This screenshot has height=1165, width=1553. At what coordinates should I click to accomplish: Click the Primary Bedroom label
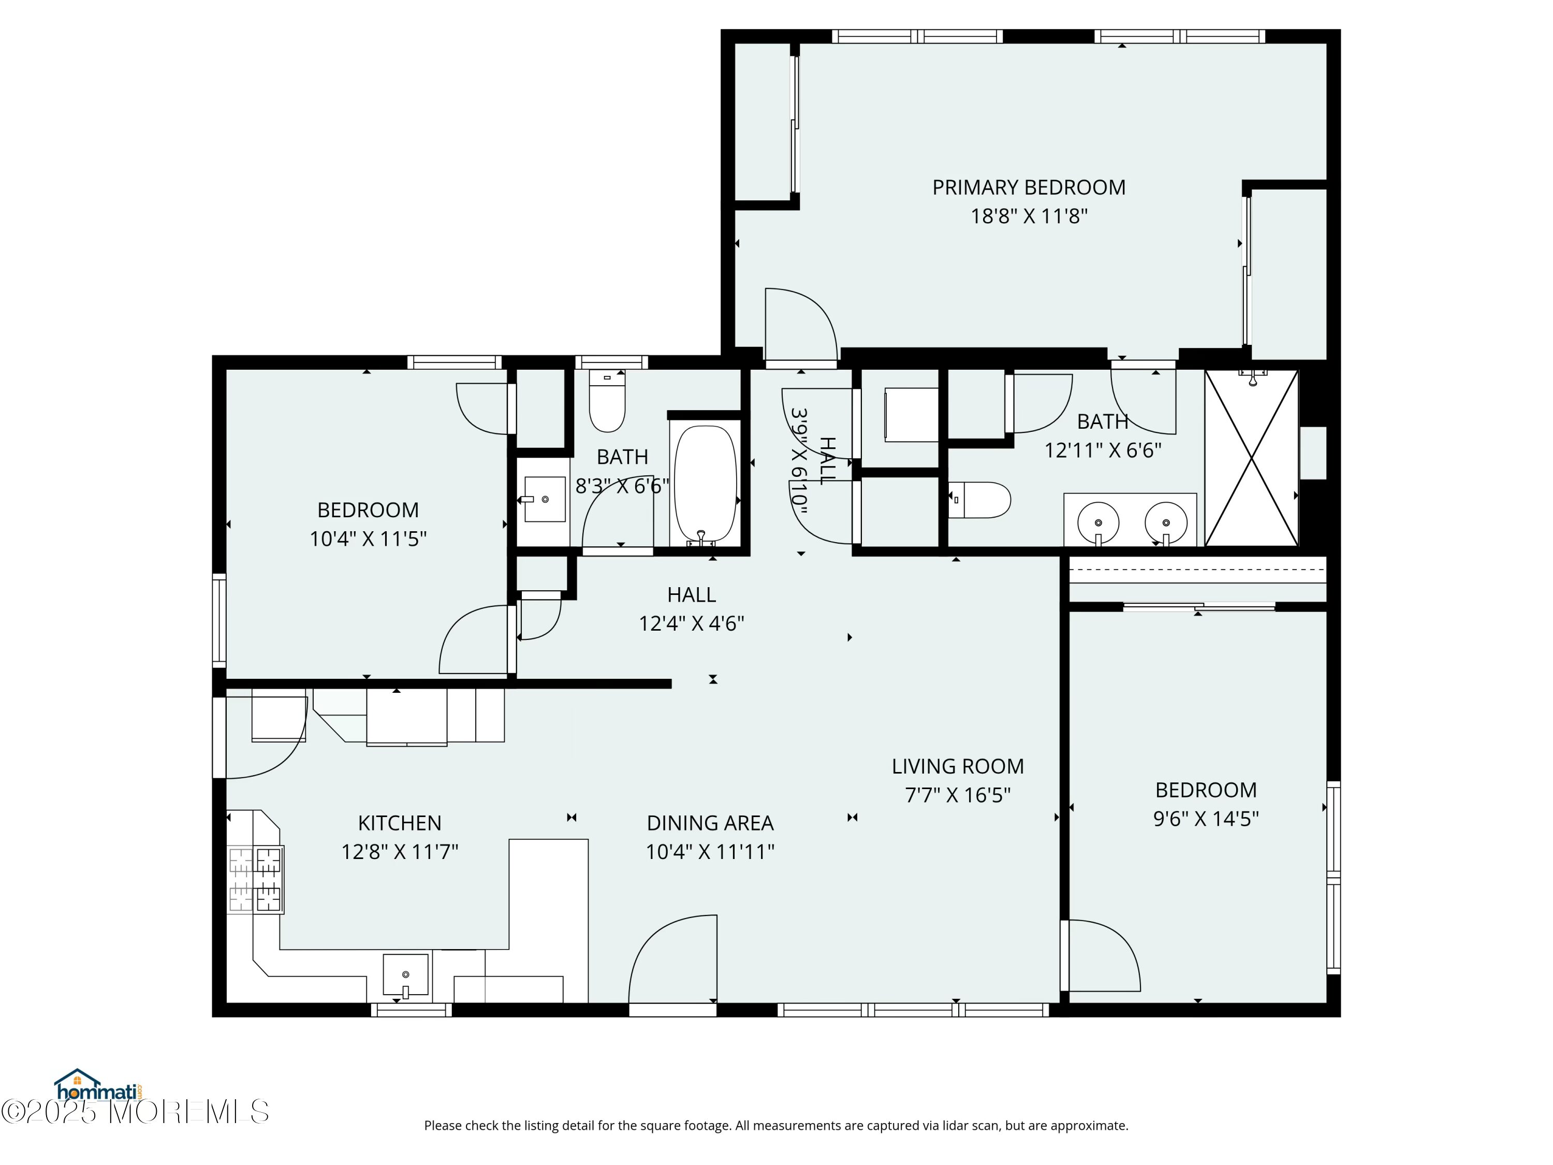pyautogui.click(x=1029, y=187)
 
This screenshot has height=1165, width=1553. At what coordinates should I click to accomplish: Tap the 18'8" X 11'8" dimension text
pyautogui.click(x=1029, y=215)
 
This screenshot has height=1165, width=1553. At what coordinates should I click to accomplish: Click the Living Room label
pyautogui.click(x=958, y=766)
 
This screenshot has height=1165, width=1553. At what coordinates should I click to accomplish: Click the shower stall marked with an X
pyautogui.click(x=1251, y=458)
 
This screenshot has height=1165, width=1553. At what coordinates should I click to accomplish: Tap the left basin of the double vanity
pyautogui.click(x=1097, y=522)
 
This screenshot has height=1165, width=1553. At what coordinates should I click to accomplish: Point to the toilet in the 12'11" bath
pyautogui.click(x=979, y=499)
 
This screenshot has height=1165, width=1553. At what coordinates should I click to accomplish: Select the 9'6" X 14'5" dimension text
pyautogui.click(x=1206, y=819)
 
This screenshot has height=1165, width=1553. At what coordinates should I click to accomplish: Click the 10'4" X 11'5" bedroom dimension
pyautogui.click(x=368, y=538)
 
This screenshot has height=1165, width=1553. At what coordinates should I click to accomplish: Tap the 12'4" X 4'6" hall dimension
pyautogui.click(x=691, y=623)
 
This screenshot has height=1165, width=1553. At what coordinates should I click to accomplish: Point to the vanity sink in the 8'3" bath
pyautogui.click(x=545, y=499)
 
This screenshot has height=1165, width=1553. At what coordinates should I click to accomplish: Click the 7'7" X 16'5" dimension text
pyautogui.click(x=958, y=795)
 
